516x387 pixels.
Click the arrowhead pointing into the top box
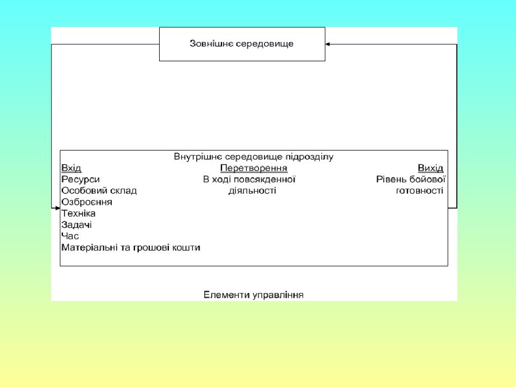tap(327, 44)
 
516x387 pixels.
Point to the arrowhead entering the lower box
tap(58, 208)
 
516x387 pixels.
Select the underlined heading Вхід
tap(71, 168)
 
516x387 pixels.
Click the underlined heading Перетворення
tap(254, 168)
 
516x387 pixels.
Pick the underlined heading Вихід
tap(431, 168)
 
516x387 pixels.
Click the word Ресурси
tap(80, 180)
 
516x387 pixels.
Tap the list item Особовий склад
tap(99, 191)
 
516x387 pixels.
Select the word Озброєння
tap(87, 202)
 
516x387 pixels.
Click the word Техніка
tap(78, 213)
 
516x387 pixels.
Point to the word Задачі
tap(76, 225)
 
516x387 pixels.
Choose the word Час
tap(70, 236)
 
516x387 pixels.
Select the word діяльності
tap(253, 191)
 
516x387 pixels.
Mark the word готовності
tap(420, 190)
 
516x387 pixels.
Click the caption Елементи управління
tap(253, 295)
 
